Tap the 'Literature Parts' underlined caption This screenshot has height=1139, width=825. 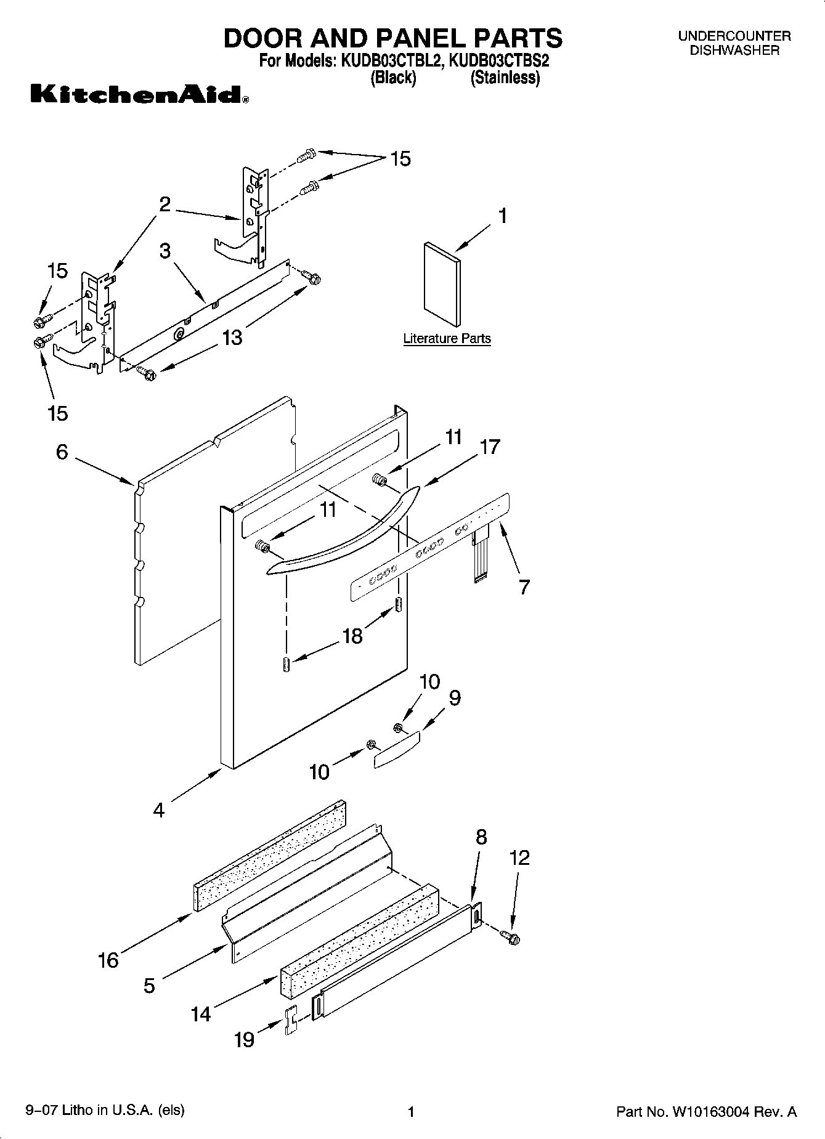point(447,338)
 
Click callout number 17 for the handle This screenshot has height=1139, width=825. point(490,447)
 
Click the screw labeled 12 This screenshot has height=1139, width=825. point(511,938)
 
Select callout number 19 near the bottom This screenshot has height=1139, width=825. point(244,1040)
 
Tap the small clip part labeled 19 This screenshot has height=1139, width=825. point(291,1021)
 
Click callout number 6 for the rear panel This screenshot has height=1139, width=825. point(62,452)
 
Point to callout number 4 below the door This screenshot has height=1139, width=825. point(159,810)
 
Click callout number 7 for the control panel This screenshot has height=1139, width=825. point(524,587)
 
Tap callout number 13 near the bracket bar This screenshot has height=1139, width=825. point(232,338)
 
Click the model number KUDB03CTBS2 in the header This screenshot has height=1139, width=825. point(500,62)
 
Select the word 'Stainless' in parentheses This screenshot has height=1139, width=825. point(505,78)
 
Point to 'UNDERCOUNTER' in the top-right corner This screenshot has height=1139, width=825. point(734,36)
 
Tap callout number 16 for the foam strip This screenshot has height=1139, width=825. point(108,960)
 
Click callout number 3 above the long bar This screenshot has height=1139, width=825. point(165,251)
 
